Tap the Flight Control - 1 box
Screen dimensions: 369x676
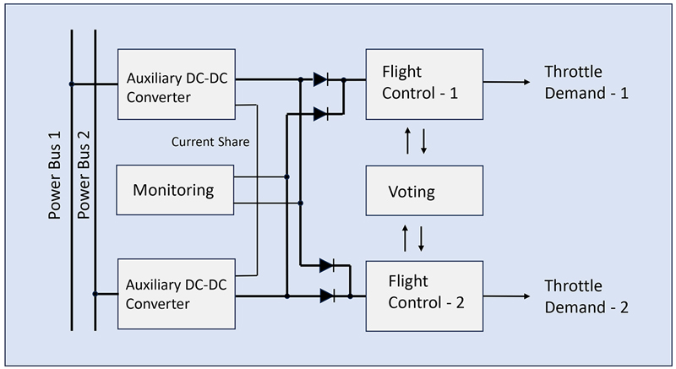(423, 83)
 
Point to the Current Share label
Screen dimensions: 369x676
(210, 142)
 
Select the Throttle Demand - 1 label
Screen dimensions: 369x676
(586, 83)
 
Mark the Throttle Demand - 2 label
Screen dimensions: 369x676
(586, 296)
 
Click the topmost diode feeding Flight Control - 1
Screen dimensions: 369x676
(321, 80)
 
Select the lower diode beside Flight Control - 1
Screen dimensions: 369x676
(321, 112)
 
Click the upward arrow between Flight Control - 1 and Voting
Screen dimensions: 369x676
(407, 141)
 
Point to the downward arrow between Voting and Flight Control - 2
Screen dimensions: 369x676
(422, 239)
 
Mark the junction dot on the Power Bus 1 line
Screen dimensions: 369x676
(72, 84)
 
